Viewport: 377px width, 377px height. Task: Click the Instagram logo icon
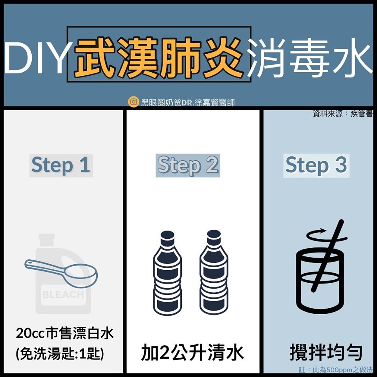pyautogui.click(x=134, y=102)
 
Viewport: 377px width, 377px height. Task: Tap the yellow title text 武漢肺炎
pyautogui.click(x=159, y=58)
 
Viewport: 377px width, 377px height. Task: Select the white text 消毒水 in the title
pyautogui.click(x=310, y=58)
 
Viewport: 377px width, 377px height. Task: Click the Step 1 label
pyautogui.click(x=61, y=165)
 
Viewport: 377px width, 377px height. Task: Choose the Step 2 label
pyautogui.click(x=188, y=165)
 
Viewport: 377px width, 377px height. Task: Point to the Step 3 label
pyautogui.click(x=316, y=165)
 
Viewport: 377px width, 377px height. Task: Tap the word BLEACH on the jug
pyautogui.click(x=63, y=295)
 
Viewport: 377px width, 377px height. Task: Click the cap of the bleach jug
pyautogui.click(x=47, y=240)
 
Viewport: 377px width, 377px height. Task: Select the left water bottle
pyautogui.click(x=167, y=273)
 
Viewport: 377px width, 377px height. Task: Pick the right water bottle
pyautogui.click(x=214, y=273)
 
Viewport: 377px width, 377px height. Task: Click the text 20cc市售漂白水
pyautogui.click(x=65, y=333)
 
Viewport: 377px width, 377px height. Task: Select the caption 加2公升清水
pyautogui.click(x=192, y=353)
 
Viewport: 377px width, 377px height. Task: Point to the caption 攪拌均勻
pyautogui.click(x=326, y=353)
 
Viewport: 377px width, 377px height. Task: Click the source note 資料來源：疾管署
pyautogui.click(x=342, y=113)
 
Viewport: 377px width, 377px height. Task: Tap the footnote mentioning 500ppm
pyautogui.click(x=336, y=370)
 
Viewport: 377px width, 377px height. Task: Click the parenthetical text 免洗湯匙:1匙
pyautogui.click(x=60, y=353)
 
